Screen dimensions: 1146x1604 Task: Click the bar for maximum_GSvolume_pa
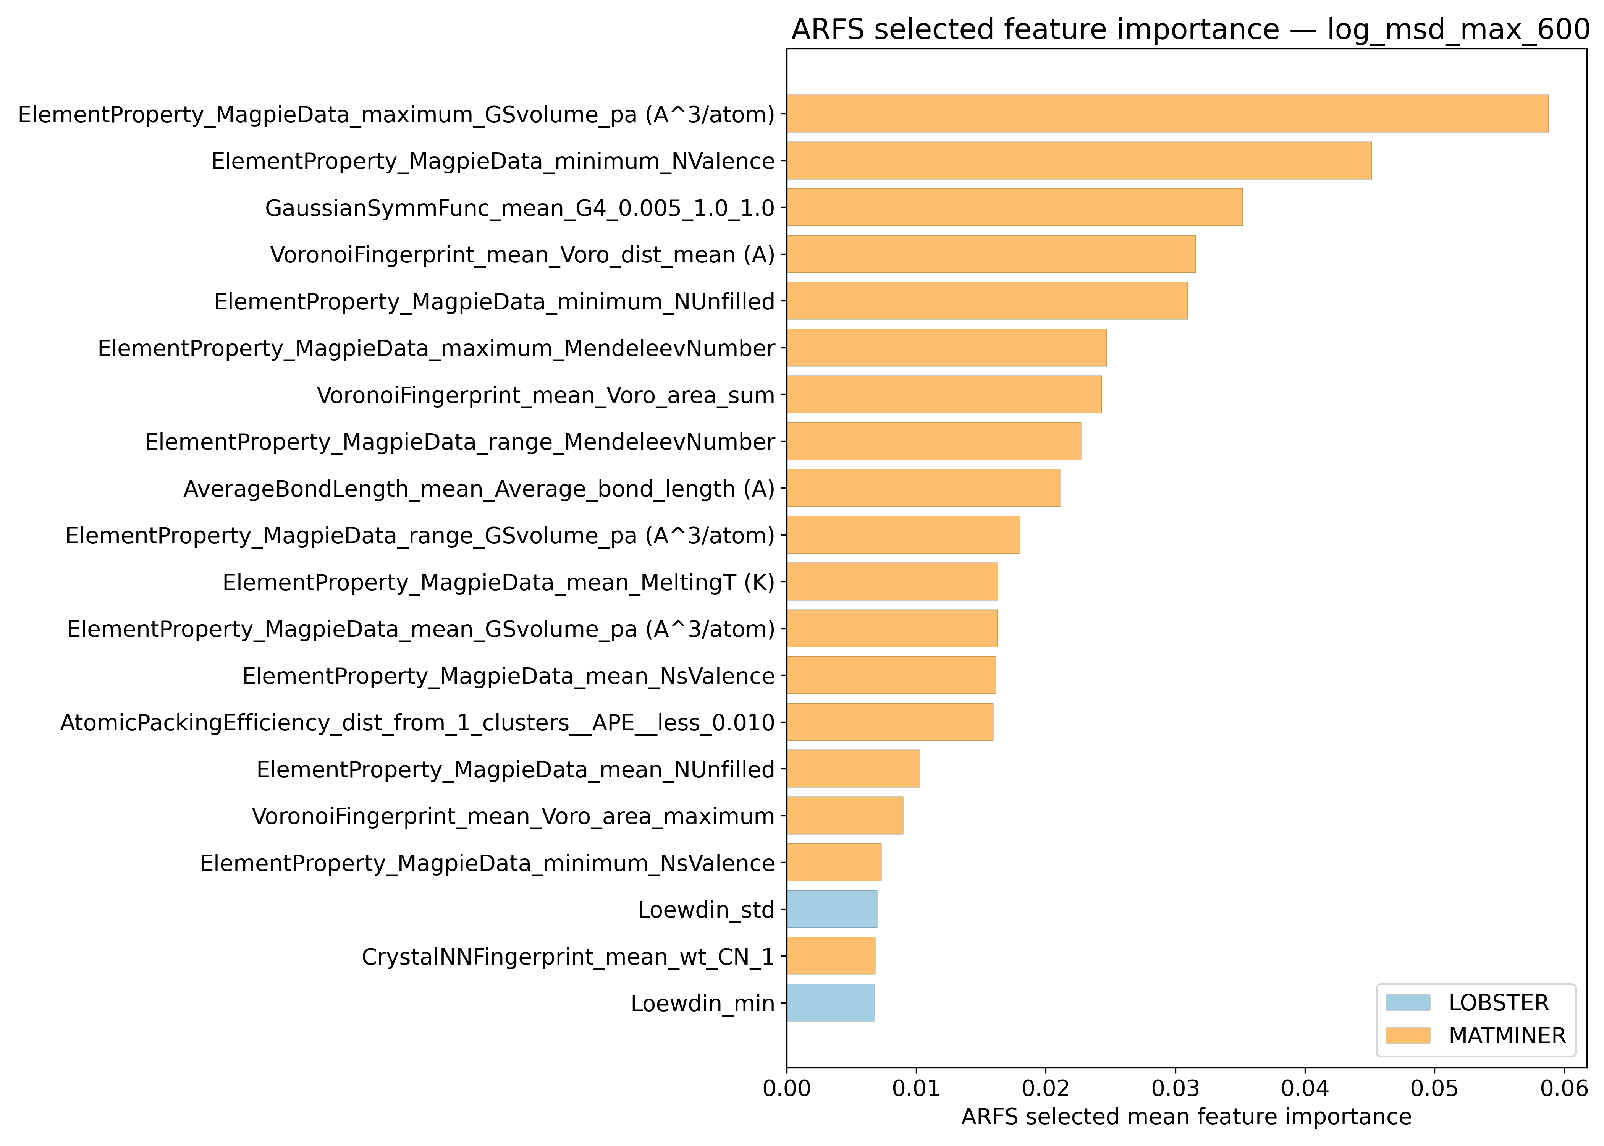tap(1167, 113)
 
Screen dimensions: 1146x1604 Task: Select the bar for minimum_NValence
tap(1079, 160)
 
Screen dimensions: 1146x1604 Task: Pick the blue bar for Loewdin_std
tap(832, 909)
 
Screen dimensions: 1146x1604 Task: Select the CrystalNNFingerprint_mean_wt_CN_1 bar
tap(831, 956)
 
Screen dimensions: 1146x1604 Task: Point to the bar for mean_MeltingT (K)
tap(892, 581)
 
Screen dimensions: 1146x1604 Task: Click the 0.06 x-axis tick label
tap(1564, 1089)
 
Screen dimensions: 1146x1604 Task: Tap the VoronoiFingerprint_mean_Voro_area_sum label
tap(545, 395)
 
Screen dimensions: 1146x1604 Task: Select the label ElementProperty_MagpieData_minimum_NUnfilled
tap(495, 301)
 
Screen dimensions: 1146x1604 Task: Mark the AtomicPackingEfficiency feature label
tap(417, 723)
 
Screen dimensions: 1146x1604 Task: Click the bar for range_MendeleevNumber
tap(934, 441)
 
